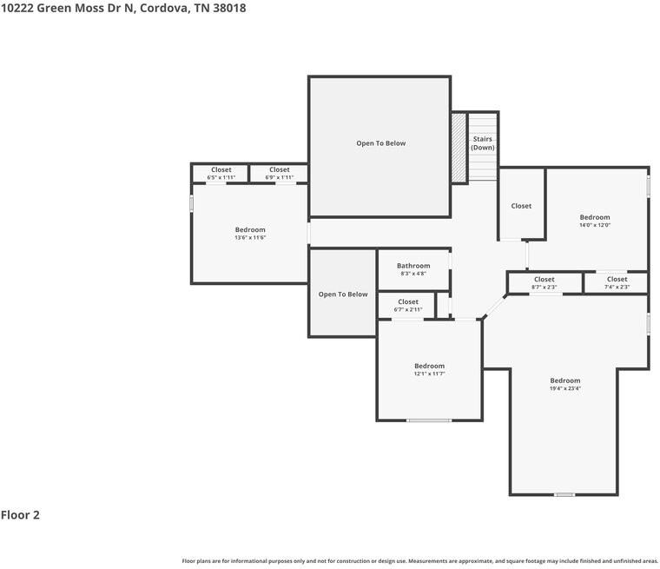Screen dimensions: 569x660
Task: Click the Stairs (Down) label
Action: coord(483,143)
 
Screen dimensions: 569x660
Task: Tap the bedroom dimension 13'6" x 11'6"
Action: coord(250,237)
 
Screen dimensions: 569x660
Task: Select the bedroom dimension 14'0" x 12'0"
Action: coord(595,225)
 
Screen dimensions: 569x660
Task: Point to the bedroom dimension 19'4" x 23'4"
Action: coord(564,388)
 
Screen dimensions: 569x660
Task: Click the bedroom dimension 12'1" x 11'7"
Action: coord(429,374)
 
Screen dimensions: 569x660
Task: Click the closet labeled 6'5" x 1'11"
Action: coord(221,173)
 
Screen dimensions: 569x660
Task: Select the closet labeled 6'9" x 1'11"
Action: coord(279,173)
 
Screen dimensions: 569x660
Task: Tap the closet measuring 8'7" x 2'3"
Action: coord(544,283)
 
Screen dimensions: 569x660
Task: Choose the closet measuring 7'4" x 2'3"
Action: coord(617,283)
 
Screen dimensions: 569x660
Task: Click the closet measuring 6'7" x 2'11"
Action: coord(407,305)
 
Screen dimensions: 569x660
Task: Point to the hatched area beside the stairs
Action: coord(459,148)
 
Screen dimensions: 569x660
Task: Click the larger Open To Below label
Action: coord(380,143)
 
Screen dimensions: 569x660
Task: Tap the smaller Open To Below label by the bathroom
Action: coord(343,294)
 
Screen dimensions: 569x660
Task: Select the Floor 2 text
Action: coord(20,515)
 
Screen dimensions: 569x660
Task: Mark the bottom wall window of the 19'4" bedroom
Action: coord(564,494)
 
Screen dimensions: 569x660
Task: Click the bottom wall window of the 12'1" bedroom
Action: coord(429,420)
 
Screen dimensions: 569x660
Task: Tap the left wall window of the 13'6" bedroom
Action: coord(192,203)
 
